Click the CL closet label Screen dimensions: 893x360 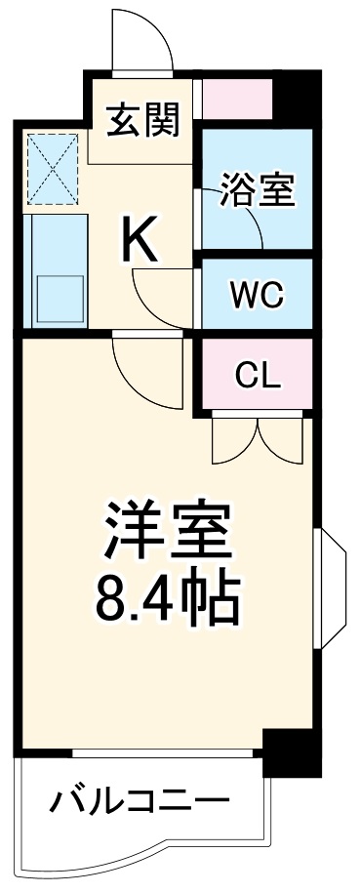257,374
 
